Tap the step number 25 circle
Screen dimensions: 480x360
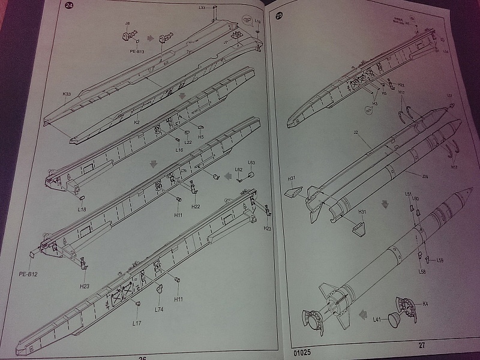[x=280, y=16]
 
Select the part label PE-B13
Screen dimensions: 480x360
[x=137, y=51]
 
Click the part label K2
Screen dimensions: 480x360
[x=137, y=122]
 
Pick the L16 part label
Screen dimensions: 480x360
[x=179, y=149]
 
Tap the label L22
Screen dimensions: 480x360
[x=188, y=142]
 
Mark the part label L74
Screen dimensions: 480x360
[x=159, y=309]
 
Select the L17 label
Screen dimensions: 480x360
[x=137, y=323]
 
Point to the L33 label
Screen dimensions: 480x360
[x=202, y=8]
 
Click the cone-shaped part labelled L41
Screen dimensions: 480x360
[x=394, y=320]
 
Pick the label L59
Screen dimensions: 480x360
[x=440, y=260]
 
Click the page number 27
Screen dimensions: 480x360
[x=422, y=345]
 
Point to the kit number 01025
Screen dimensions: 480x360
[x=304, y=347]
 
